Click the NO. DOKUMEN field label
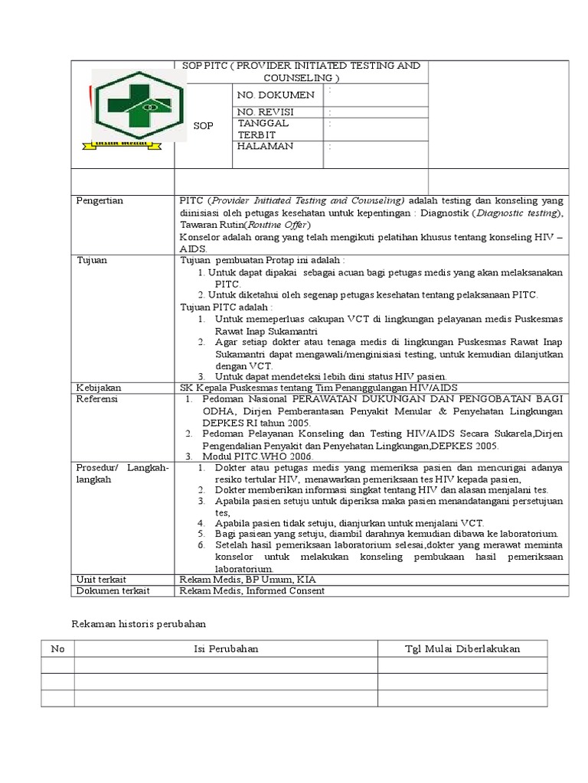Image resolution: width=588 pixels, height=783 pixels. [x=276, y=95]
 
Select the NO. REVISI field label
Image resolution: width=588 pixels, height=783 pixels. [x=266, y=112]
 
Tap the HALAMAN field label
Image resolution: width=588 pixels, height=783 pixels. [x=265, y=146]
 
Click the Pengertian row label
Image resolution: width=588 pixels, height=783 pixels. [x=100, y=200]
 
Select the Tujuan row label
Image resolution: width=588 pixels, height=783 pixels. [x=92, y=260]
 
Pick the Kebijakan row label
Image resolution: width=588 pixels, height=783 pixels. [x=99, y=388]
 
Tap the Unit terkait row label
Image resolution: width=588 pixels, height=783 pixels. [x=101, y=579]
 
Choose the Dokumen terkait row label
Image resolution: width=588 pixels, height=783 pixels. [x=113, y=590]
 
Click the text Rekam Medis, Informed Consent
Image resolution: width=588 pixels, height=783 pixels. [x=252, y=590]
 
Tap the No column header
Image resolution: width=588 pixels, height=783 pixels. [x=57, y=648]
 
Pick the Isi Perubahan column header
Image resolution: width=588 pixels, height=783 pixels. [x=226, y=648]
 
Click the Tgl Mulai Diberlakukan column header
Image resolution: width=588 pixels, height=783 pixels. [x=462, y=648]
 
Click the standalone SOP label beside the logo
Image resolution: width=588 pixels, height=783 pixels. [x=203, y=125]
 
